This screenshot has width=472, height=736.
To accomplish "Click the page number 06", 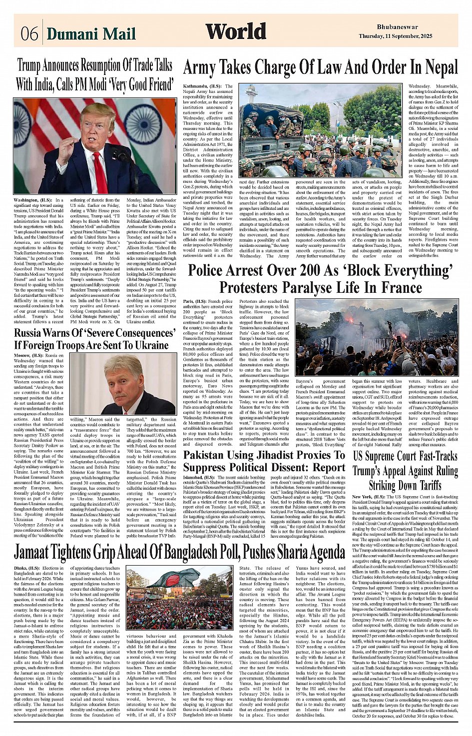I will tap(29, 34).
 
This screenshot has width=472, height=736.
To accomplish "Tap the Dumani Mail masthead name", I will tap(91, 34).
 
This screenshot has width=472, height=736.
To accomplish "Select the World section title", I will tap(236, 32).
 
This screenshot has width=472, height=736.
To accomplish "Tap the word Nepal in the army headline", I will tap(432, 67).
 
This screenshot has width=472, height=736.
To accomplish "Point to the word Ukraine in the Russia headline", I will tap(148, 345).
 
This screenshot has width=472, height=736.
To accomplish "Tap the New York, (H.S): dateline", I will tap(369, 497).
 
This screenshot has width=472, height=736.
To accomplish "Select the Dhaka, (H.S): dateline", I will tap(27, 569).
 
